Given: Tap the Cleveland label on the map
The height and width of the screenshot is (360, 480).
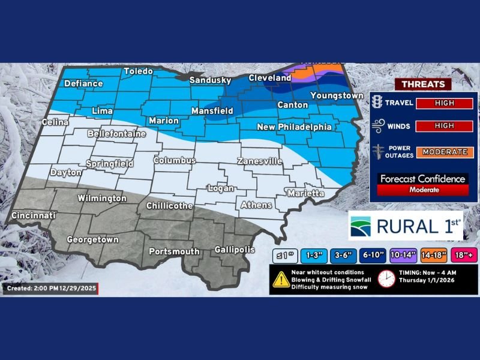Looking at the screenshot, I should pos(270,78).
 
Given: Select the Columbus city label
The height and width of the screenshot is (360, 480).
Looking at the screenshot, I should pos(175,160).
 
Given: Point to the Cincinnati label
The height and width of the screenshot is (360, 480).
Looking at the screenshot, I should pos(33,215).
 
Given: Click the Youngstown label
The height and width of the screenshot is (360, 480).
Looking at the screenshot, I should pos(337,95).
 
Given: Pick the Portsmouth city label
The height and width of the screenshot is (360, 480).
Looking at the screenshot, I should pos(174,251).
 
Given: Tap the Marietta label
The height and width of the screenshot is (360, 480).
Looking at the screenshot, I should pos(305,193).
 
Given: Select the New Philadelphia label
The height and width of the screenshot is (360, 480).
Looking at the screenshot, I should pos(294,127).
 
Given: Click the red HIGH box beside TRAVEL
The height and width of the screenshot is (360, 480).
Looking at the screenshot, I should pos(445,103).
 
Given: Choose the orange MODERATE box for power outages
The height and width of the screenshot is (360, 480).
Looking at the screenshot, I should pos(445,152).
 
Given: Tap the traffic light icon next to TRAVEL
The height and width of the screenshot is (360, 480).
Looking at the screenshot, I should pos(377,102).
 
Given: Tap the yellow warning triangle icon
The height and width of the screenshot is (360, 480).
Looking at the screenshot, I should pos(280,279).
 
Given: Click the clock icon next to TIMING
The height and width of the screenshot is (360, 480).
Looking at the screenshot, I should pos(386,279).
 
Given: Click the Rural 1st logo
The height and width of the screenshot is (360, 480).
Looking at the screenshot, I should pos(405,226).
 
